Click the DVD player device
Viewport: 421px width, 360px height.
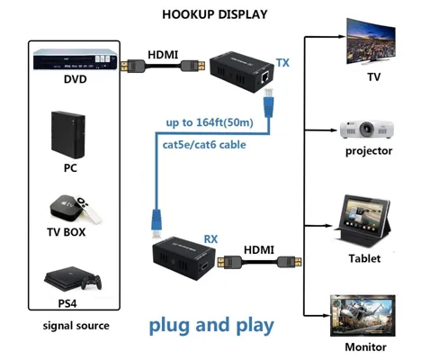[x=75, y=59]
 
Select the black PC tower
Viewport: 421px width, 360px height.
[x=68, y=135]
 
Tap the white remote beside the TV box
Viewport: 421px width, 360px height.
[x=88, y=210]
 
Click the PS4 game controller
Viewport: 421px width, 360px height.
[x=92, y=283]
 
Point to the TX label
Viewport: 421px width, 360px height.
[x=282, y=63]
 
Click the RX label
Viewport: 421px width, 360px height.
[x=210, y=239]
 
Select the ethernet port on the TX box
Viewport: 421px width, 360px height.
[x=265, y=77]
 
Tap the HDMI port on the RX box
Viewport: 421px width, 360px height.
[x=205, y=265]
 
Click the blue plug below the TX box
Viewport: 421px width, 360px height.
[x=268, y=103]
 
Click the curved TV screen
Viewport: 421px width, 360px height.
[x=371, y=40]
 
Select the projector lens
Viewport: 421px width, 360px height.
[x=366, y=129]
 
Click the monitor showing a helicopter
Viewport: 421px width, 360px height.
[x=363, y=315]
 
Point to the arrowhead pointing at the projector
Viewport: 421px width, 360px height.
[x=334, y=130]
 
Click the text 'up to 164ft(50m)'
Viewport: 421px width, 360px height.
[x=210, y=122]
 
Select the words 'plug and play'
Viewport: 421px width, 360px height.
[x=211, y=326]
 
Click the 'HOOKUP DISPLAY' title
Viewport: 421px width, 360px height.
[x=215, y=14]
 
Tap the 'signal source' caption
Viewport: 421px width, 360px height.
[x=76, y=326]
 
